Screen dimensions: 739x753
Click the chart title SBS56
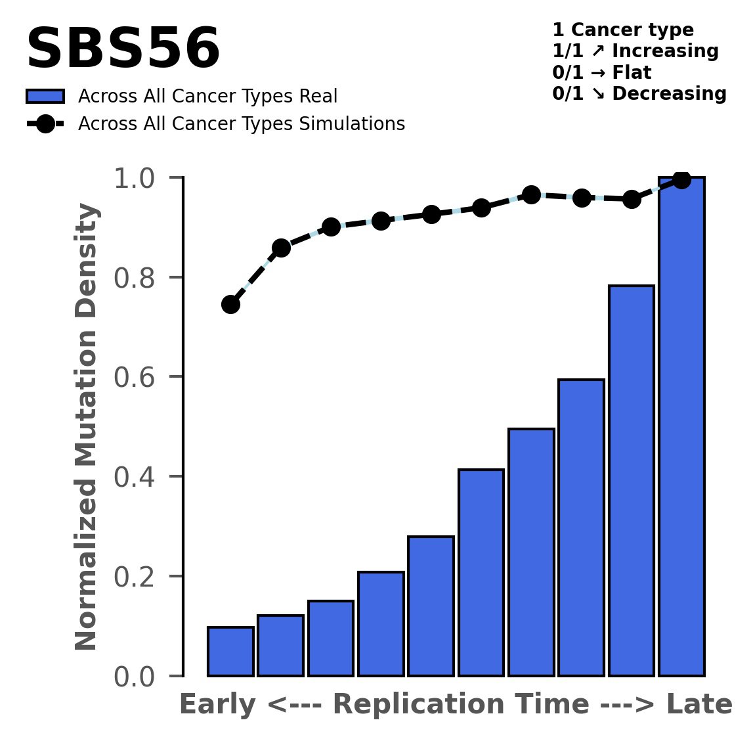pyautogui.click(x=123, y=50)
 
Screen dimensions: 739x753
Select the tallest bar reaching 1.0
pyautogui.click(x=681, y=426)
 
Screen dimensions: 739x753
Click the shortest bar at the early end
pyautogui.click(x=230, y=651)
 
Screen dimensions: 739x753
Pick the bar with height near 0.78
pyautogui.click(x=631, y=480)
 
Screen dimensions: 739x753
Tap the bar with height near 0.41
pyautogui.click(x=481, y=572)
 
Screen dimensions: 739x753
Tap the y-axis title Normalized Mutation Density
pyautogui.click(x=87, y=426)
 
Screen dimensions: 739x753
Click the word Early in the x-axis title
pyautogui.click(x=219, y=705)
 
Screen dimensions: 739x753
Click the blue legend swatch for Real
pyautogui.click(x=45, y=97)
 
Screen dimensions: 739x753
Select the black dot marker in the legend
pyautogui.click(x=45, y=124)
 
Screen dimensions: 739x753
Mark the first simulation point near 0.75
pyautogui.click(x=230, y=304)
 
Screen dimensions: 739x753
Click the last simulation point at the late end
pyautogui.click(x=681, y=179)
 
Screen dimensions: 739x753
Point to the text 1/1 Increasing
pyautogui.click(x=635, y=51)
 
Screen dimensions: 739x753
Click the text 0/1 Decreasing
pyautogui.click(x=639, y=94)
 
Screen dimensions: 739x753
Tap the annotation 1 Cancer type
pyautogui.click(x=622, y=30)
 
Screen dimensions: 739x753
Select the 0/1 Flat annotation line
pyautogui.click(x=601, y=72)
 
